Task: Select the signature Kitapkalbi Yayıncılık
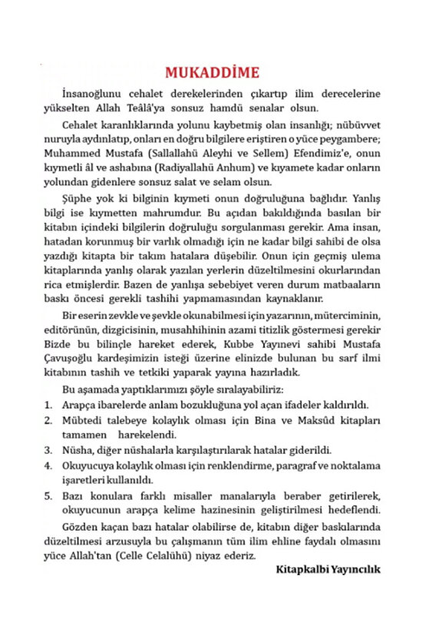coord(327,570)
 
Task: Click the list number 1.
coord(48,404)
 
